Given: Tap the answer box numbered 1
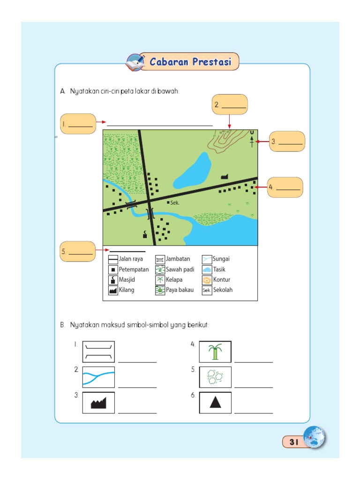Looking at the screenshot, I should pyautogui.click(x=78, y=124).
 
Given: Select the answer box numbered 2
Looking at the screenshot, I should pyautogui.click(x=229, y=105).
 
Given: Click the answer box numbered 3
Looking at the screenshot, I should pyautogui.click(x=287, y=142).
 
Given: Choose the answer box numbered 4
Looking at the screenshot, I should pyautogui.click(x=285, y=187).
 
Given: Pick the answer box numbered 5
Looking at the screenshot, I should pyautogui.click(x=78, y=252).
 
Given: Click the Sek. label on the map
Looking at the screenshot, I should pyautogui.click(x=175, y=203).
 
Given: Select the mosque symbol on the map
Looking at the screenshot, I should pyautogui.click(x=145, y=235).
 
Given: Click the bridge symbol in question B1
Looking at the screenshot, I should pyautogui.click(x=98, y=352).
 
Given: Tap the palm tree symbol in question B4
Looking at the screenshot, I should pyautogui.click(x=215, y=352).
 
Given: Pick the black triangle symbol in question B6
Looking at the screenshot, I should pyautogui.click(x=215, y=402).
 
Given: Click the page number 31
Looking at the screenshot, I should pyautogui.click(x=294, y=442).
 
